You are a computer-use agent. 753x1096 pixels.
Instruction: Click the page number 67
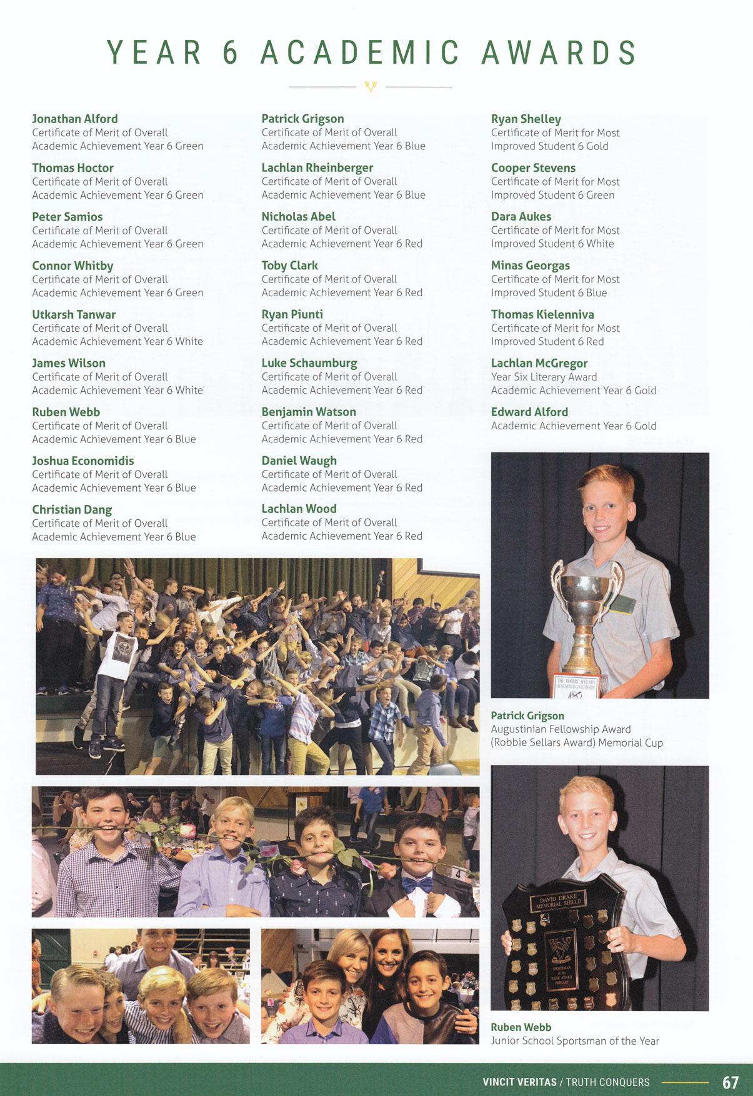(x=730, y=1082)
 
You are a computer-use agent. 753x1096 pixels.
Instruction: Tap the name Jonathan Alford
(x=75, y=119)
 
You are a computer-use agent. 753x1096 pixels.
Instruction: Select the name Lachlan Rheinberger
(x=317, y=167)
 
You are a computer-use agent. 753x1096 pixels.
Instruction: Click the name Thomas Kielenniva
(x=542, y=314)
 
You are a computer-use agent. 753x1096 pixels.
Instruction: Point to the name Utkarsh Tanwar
(x=74, y=314)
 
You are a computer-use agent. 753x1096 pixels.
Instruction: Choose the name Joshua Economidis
(x=83, y=461)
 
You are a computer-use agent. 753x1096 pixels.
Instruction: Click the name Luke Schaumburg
(x=309, y=363)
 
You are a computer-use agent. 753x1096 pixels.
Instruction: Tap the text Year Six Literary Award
(x=544, y=377)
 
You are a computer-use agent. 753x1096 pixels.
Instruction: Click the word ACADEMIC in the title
(x=360, y=52)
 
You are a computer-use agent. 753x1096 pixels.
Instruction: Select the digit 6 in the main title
(x=231, y=52)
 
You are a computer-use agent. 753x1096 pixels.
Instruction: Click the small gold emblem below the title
(x=371, y=86)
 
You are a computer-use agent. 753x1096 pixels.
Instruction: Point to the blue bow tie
(x=417, y=884)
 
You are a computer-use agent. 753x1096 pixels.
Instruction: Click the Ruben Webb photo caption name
(x=521, y=1027)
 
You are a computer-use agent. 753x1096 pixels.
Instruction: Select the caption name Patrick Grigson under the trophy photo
(x=527, y=715)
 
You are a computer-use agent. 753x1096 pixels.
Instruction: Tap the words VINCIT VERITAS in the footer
(x=519, y=1082)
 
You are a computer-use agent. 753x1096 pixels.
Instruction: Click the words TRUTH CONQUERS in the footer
(x=607, y=1082)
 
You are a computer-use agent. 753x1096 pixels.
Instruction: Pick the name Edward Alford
(x=529, y=412)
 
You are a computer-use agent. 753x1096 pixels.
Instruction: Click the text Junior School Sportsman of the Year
(x=575, y=1041)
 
